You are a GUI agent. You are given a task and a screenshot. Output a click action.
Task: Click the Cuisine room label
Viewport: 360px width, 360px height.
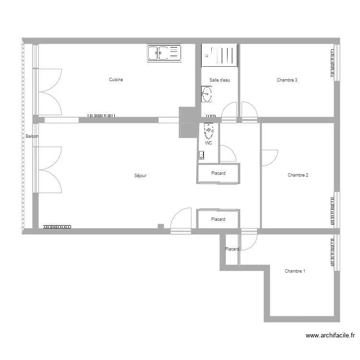pyautogui.click(x=116, y=80)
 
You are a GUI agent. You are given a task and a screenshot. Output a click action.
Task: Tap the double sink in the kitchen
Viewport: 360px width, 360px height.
pyautogui.click(x=164, y=53)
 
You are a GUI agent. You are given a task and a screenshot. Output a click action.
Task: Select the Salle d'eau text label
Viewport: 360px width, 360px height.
pyautogui.click(x=220, y=80)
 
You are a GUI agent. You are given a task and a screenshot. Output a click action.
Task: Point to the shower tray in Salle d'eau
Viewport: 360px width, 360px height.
pyautogui.click(x=220, y=55)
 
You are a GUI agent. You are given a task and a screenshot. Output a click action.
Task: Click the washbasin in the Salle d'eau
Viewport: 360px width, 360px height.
pyautogui.click(x=207, y=95)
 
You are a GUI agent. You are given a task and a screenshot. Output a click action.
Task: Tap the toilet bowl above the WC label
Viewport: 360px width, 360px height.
pyautogui.click(x=209, y=130)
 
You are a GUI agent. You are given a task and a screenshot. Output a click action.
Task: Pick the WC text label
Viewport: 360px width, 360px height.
pyautogui.click(x=208, y=143)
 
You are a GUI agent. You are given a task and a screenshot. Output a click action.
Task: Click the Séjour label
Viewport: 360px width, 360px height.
pyautogui.click(x=141, y=176)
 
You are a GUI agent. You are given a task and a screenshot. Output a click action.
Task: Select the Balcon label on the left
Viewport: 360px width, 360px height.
pyautogui.click(x=32, y=137)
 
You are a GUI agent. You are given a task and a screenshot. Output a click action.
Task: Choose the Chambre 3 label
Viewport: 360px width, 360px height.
pyautogui.click(x=287, y=80)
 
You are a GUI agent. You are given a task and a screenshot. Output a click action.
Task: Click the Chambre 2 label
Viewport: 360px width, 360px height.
pyautogui.click(x=298, y=175)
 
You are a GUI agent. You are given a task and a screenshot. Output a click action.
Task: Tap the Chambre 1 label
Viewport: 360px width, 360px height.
pyautogui.click(x=295, y=271)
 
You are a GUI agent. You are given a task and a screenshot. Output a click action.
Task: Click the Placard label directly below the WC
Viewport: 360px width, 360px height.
pyautogui.click(x=218, y=173)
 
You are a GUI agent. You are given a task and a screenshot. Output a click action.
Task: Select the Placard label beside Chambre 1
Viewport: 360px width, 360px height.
pyautogui.click(x=232, y=249)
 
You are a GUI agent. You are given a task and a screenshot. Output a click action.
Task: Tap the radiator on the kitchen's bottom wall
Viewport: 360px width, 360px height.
pyautogui.click(x=101, y=116)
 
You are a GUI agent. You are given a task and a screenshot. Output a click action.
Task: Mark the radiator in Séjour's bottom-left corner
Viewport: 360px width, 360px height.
pyautogui.click(x=57, y=227)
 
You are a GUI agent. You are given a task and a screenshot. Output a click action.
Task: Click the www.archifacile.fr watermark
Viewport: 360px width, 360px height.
pyautogui.click(x=330, y=336)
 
